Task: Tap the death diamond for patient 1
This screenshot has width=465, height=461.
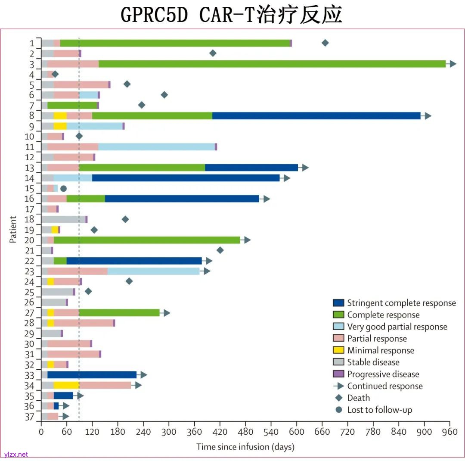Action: click(325, 43)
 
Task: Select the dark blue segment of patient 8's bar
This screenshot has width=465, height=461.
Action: click(316, 115)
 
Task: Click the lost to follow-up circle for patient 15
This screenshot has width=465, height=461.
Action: click(64, 188)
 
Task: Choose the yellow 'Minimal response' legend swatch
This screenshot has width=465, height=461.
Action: click(339, 350)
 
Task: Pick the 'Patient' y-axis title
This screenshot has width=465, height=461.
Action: click(13, 229)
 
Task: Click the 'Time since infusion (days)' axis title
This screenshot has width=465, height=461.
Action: click(245, 447)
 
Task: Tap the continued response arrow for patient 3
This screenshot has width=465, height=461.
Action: click(452, 64)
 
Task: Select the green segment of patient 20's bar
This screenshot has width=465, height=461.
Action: click(146, 240)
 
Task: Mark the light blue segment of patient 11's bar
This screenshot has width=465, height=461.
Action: click(156, 146)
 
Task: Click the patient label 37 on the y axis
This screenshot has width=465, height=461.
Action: click(29, 416)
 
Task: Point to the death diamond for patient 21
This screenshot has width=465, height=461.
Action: click(220, 250)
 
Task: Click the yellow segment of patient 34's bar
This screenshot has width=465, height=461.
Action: click(66, 385)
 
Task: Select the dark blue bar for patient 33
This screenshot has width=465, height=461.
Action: click(92, 375)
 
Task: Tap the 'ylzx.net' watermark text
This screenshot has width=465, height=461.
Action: click(16, 454)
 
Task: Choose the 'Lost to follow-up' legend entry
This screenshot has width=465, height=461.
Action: click(379, 410)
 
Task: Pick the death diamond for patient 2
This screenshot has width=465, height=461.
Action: click(213, 53)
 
